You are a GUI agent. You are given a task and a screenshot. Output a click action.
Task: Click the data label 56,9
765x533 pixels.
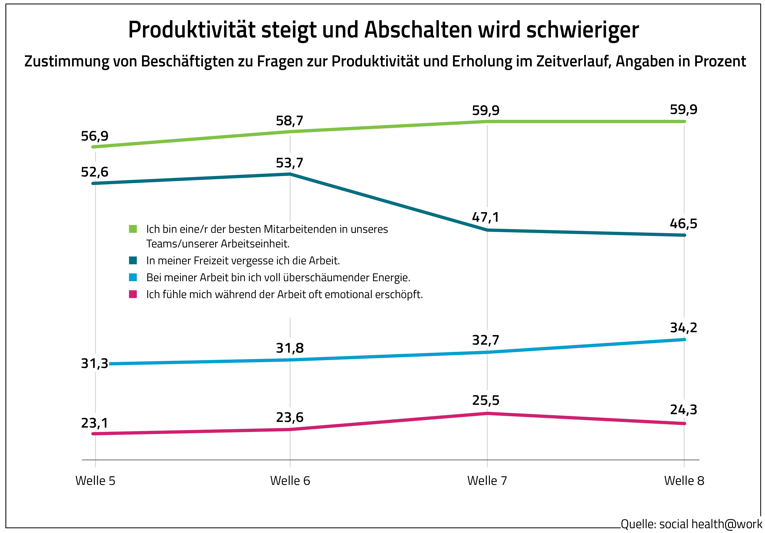pyautogui.click(x=95, y=136)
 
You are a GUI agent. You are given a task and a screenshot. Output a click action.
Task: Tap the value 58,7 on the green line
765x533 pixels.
pyautogui.click(x=289, y=121)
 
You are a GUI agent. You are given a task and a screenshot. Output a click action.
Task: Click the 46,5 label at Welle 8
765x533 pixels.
pyautogui.click(x=683, y=223)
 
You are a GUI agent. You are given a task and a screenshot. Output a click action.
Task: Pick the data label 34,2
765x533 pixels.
pyautogui.click(x=683, y=328)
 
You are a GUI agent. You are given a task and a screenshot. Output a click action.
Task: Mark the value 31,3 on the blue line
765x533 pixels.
pyautogui.click(x=95, y=363)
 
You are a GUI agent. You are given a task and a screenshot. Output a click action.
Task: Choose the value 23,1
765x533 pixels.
pyautogui.click(x=95, y=423)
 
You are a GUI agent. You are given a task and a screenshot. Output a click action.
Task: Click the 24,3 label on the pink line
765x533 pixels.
pyautogui.click(x=683, y=410)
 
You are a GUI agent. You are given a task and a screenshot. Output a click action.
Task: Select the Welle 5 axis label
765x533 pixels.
pyautogui.click(x=95, y=481)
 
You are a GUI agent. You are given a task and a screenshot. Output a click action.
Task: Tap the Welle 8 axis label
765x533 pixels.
pyautogui.click(x=684, y=481)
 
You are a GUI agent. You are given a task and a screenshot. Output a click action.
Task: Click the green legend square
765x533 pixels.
pyautogui.click(x=133, y=229)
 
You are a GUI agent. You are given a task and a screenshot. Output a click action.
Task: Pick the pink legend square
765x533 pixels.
pyautogui.click(x=133, y=294)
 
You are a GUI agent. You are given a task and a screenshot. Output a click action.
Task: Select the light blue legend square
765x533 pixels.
pyautogui.click(x=133, y=277)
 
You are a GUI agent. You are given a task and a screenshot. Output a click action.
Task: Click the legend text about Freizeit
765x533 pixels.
pyautogui.click(x=243, y=261)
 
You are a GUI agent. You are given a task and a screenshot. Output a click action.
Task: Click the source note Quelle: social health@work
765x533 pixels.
pyautogui.click(x=691, y=524)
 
